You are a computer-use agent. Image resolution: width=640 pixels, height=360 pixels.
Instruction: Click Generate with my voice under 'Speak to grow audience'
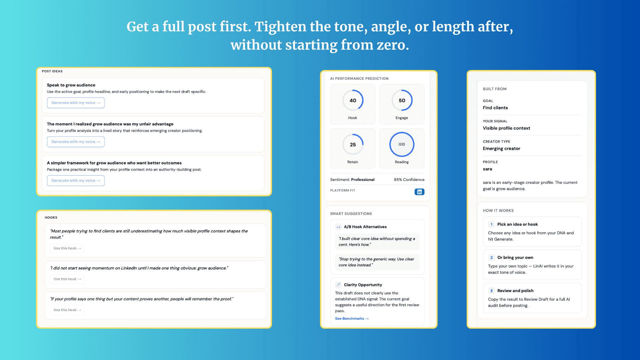coord(76,103)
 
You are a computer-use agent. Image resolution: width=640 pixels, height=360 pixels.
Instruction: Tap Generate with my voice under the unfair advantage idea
coord(76,142)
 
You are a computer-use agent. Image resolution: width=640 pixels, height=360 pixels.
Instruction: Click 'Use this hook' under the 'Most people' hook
coord(67,248)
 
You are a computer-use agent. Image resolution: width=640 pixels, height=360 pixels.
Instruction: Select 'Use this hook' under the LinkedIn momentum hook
coord(67,279)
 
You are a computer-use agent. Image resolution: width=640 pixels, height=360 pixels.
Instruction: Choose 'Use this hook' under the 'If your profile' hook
coord(67,310)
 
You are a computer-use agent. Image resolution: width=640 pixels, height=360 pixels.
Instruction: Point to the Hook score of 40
coord(353,100)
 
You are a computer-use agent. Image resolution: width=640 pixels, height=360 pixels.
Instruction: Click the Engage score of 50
coord(402,100)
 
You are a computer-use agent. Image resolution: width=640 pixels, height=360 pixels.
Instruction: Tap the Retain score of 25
coord(353,145)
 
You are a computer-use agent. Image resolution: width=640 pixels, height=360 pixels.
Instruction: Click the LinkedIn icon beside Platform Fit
coord(419,192)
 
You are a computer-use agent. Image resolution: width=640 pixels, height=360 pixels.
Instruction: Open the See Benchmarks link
coord(352,319)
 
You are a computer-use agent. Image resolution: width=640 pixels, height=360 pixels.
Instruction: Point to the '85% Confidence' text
coord(409,180)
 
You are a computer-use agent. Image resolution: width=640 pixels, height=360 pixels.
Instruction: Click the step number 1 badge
coord(491,224)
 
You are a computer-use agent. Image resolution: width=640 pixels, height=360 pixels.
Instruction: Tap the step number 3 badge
coord(491,291)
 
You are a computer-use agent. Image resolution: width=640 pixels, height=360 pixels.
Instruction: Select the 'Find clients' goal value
coord(495,108)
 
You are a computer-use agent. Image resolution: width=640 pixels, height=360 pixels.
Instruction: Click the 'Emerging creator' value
coord(501,149)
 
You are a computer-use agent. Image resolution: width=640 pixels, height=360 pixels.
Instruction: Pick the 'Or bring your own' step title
coord(515,258)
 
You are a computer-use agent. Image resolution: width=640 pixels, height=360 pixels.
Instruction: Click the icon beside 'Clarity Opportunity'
coord(338,285)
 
